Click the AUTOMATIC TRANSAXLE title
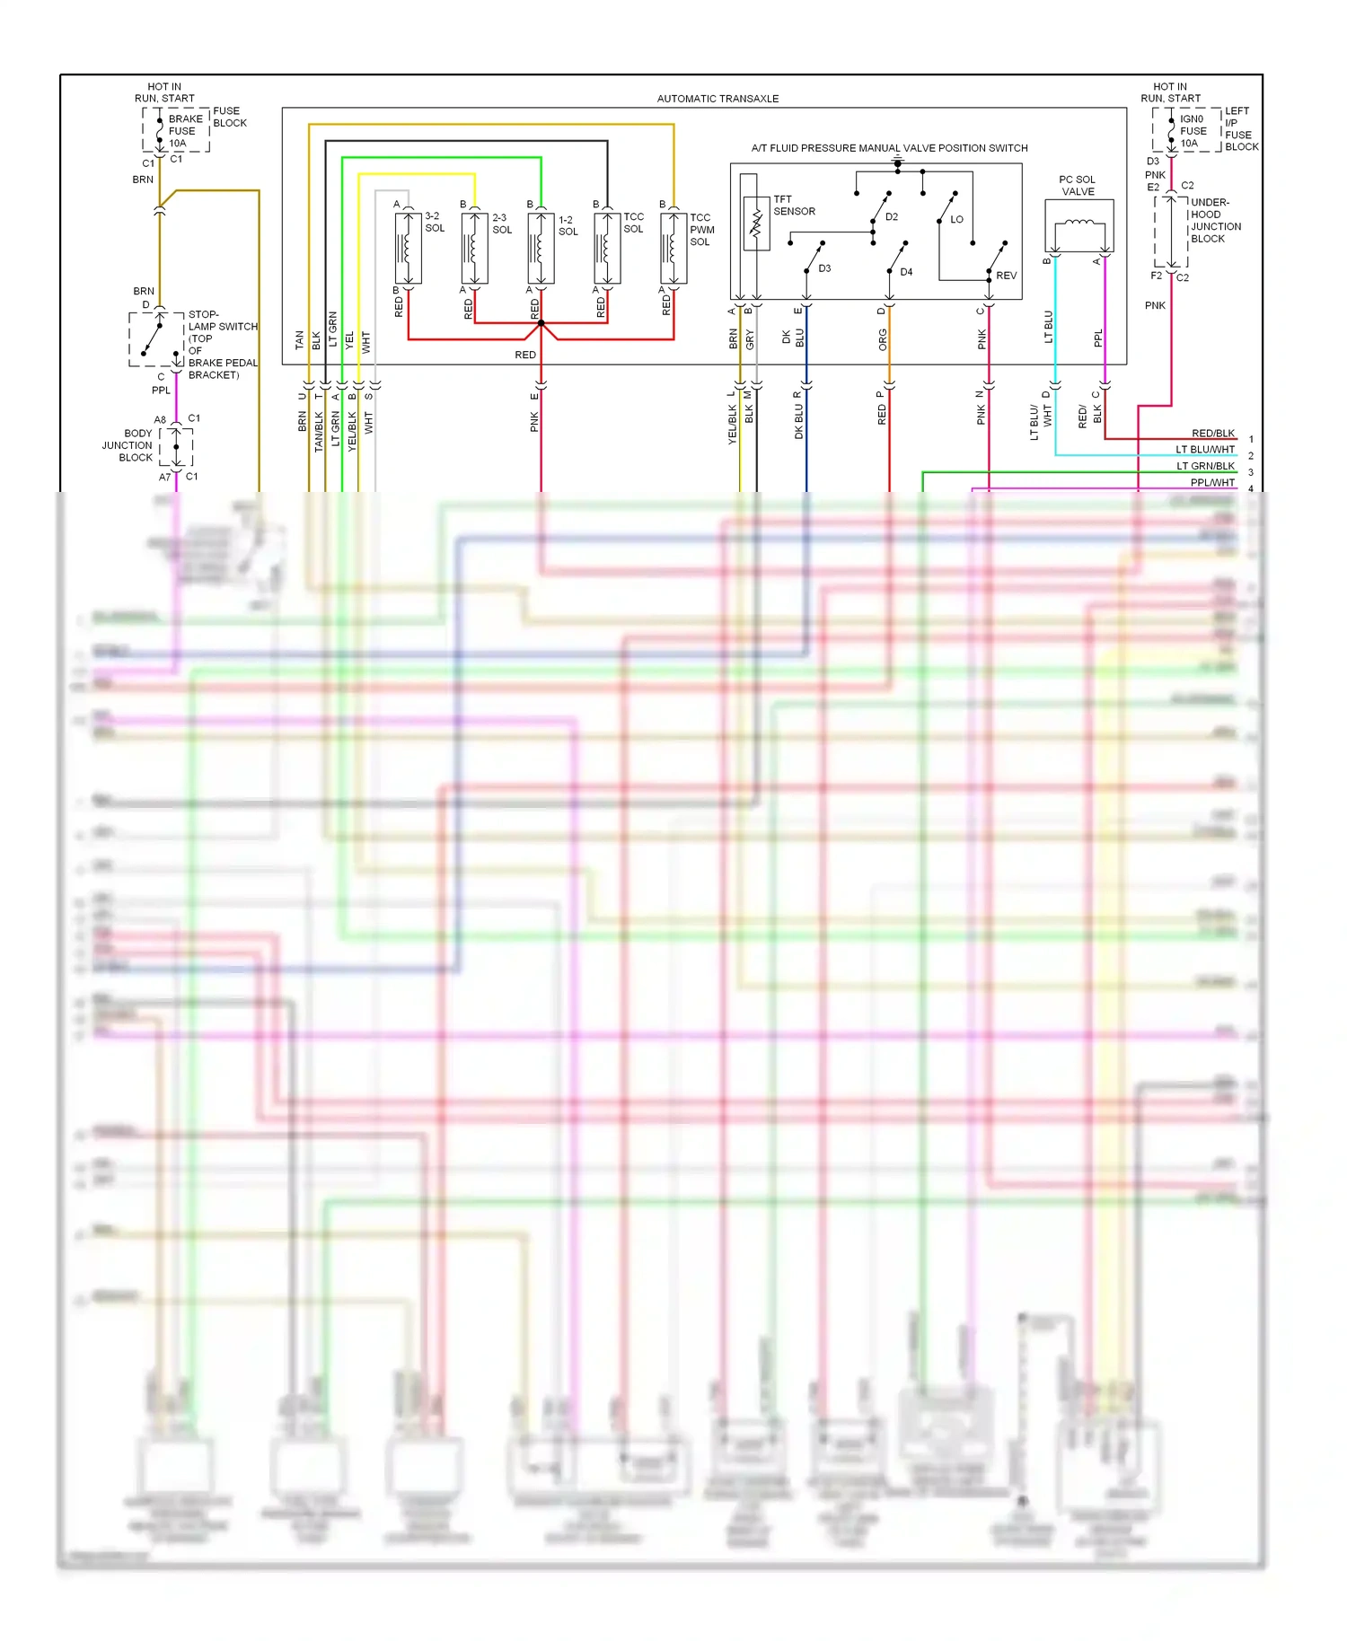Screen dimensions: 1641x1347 (x=718, y=99)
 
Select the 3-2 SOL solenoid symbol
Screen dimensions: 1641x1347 (x=408, y=249)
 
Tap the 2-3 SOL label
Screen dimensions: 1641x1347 (x=501, y=224)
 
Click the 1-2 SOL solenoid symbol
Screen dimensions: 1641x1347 (x=541, y=249)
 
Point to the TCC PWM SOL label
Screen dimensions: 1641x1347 (x=701, y=230)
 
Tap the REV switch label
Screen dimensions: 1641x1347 (x=1006, y=276)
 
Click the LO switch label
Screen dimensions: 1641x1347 (x=956, y=219)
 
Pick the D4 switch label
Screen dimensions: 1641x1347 (x=906, y=272)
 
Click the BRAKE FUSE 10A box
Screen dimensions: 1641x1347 (x=176, y=131)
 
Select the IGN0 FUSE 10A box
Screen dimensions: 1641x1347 (x=1187, y=131)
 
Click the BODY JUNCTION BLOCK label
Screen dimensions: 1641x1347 (x=128, y=445)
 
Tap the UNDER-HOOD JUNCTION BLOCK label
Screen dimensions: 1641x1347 (x=1215, y=221)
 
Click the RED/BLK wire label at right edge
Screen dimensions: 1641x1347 (x=1212, y=434)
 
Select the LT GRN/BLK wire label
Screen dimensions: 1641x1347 (x=1205, y=466)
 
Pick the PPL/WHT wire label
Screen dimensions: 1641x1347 (x=1212, y=483)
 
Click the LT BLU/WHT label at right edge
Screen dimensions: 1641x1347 (x=1205, y=450)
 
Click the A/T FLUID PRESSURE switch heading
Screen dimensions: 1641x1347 (x=889, y=148)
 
